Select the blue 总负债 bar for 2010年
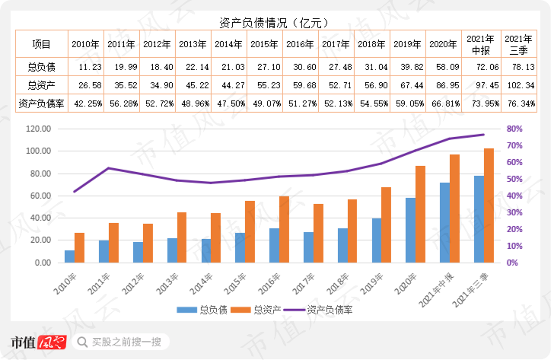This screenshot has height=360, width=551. (70, 256)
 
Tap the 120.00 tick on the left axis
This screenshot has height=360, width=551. (38, 129)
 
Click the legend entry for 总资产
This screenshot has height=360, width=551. (260, 310)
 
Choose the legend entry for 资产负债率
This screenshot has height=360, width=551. (321, 310)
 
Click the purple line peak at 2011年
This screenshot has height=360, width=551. (108, 168)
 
